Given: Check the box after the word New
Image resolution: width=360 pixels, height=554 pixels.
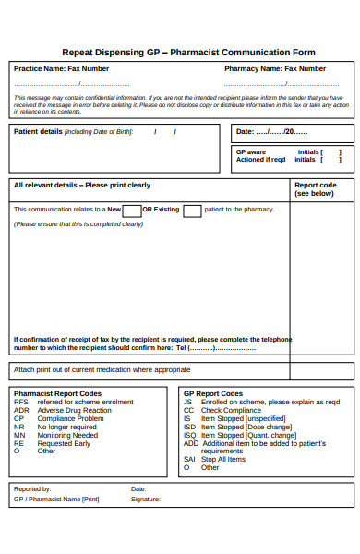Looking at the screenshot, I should [132, 211].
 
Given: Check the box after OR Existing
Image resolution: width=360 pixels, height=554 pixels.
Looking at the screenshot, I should [192, 211].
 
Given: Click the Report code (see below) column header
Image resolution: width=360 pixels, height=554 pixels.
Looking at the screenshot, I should [315, 189].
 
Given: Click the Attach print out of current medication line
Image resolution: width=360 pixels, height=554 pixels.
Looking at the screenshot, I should [102, 369].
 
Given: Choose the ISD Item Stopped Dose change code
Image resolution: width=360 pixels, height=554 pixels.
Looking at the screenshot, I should [238, 427].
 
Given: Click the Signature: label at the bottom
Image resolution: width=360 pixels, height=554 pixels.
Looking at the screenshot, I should [146, 499].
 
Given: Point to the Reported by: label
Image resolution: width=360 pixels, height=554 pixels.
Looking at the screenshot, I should [32, 488].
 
